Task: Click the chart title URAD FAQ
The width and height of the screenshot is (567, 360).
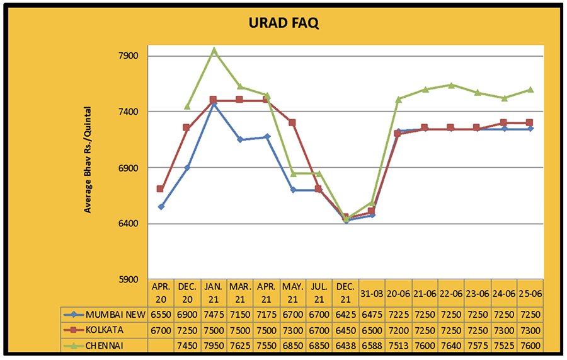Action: pyautogui.click(x=283, y=24)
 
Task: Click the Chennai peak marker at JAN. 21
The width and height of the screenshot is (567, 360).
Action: pyautogui.click(x=214, y=50)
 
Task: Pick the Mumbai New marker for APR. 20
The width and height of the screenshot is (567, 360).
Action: pyautogui.click(x=161, y=207)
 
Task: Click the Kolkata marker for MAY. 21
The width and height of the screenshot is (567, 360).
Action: pyautogui.click(x=292, y=122)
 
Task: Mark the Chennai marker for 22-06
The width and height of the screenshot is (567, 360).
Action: pyautogui.click(x=451, y=84)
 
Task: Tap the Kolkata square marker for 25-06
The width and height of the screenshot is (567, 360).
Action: pyautogui.click(x=530, y=122)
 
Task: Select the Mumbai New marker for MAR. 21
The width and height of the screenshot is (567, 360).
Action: pyautogui.click(x=240, y=139)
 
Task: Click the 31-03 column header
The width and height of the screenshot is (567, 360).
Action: pyautogui.click(x=372, y=293)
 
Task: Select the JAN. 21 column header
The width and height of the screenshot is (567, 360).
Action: pyautogui.click(x=214, y=293)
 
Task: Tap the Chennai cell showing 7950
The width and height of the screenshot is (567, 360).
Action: pyautogui.click(x=214, y=345)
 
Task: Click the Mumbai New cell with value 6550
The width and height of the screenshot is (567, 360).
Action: pyautogui.click(x=161, y=315)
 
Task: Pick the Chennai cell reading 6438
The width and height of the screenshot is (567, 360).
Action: pyautogui.click(x=345, y=345)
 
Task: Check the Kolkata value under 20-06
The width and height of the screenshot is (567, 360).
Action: pyautogui.click(x=398, y=330)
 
